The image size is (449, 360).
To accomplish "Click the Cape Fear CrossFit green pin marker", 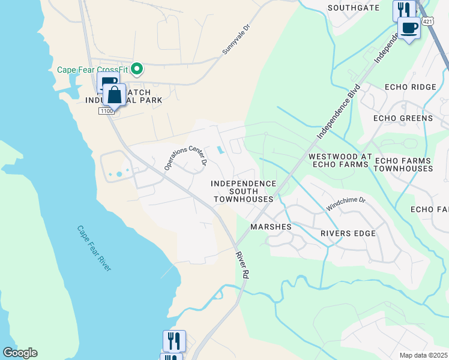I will click(x=137, y=70).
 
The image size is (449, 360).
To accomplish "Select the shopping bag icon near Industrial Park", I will click(x=114, y=95).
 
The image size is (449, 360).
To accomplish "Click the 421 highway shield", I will click(x=426, y=21).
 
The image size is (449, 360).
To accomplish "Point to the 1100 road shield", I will click(x=107, y=111).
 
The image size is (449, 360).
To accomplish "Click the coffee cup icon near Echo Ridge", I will click(x=409, y=28).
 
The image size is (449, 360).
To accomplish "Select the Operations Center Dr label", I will click(x=185, y=156).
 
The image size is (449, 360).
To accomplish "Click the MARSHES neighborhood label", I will click(x=271, y=227).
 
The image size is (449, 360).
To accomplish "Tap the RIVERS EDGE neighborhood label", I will click(x=348, y=233).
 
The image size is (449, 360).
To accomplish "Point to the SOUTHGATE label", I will click(x=354, y=8).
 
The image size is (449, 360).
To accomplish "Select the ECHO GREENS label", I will click(x=403, y=118).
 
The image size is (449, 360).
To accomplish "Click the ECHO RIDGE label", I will click(x=412, y=87).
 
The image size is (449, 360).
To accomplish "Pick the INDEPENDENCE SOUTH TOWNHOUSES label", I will click(x=244, y=191).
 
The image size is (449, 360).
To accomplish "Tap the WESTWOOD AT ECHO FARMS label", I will click(x=338, y=160).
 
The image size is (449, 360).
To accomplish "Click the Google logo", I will click(x=20, y=353).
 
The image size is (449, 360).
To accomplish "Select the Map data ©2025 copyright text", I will click(x=424, y=355).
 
